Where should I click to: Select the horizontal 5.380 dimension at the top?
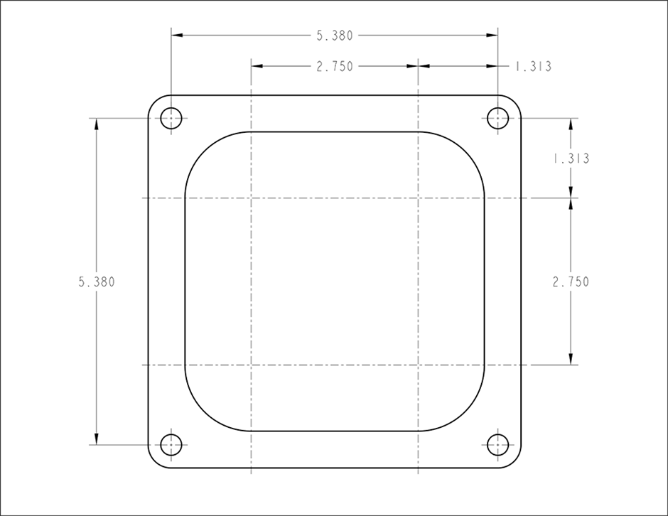click(x=335, y=36)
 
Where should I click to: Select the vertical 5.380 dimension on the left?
click(x=97, y=282)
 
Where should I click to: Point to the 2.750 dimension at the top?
click(x=335, y=67)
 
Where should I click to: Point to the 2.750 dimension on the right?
click(x=571, y=282)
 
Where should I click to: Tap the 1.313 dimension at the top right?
click(x=533, y=67)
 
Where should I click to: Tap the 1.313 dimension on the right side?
click(x=571, y=158)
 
